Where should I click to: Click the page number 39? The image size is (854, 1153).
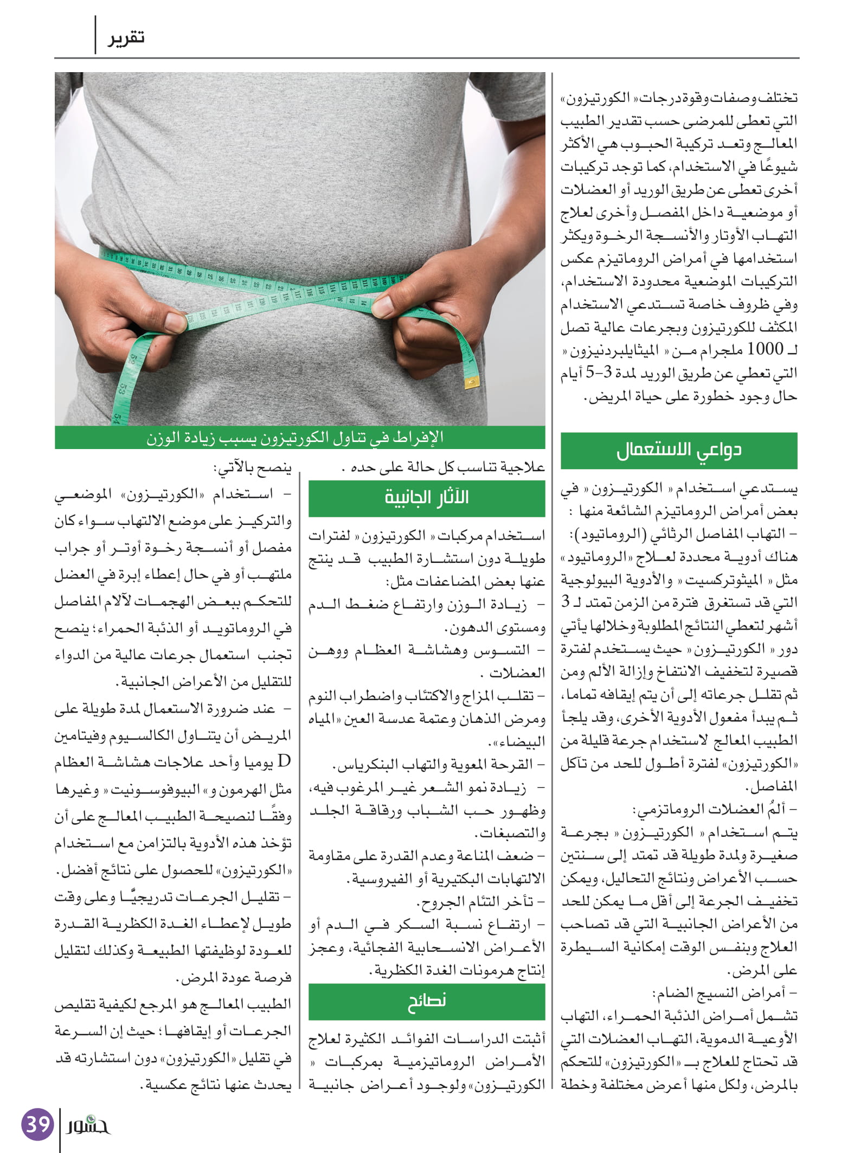(x=37, y=1123)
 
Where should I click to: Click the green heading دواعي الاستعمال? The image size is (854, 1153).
(x=679, y=450)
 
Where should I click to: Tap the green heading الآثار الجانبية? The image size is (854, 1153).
(x=427, y=497)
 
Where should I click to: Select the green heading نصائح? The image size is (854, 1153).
(x=427, y=1001)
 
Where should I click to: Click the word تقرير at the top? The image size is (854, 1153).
(x=126, y=38)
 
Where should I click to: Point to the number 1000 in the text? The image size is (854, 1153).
(x=765, y=349)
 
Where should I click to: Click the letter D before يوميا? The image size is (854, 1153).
(x=284, y=762)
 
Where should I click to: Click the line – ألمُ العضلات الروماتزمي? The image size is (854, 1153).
(x=715, y=809)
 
